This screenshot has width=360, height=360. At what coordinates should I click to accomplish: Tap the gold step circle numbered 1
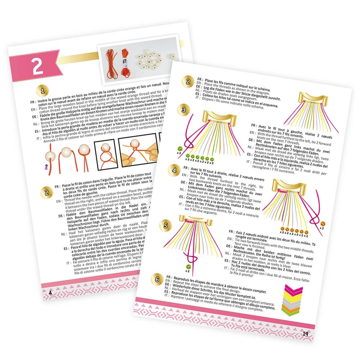click(x=43, y=90)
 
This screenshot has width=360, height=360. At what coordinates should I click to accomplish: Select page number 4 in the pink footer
click(x=50, y=292)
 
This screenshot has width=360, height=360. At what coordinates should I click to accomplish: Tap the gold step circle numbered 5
click(x=165, y=226)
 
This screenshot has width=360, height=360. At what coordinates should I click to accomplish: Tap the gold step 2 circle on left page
click(x=46, y=192)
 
